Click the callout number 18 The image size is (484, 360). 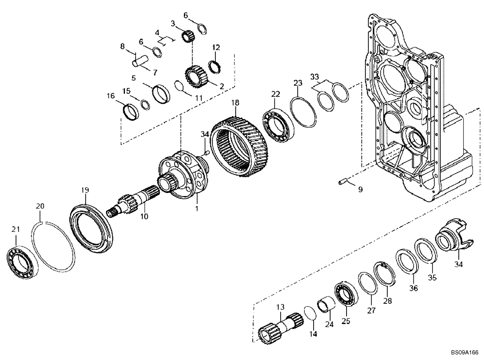tap(235, 103)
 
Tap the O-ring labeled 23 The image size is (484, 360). tap(303, 114)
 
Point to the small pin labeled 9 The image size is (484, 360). tap(344, 182)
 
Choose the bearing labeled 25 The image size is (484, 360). tap(345, 293)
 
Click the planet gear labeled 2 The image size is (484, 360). tap(196, 75)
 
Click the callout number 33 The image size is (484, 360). tap(315, 76)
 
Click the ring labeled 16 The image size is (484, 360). tap(131, 112)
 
